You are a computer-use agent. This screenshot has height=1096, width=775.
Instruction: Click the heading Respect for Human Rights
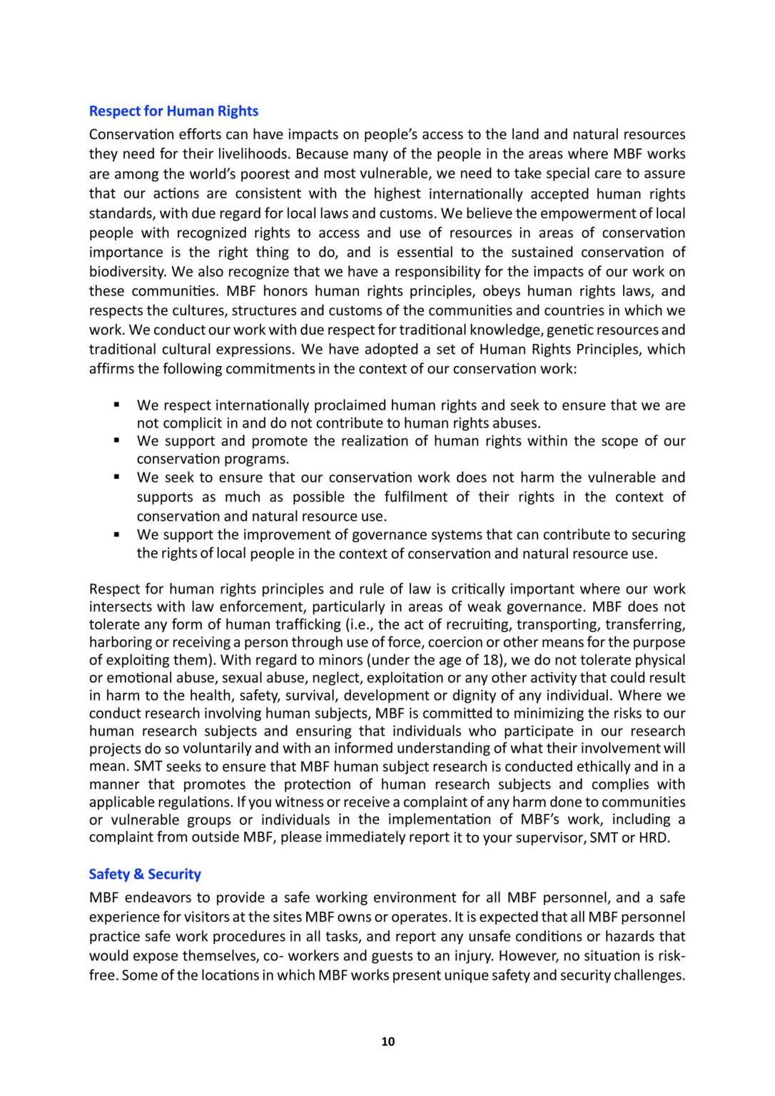[173, 111]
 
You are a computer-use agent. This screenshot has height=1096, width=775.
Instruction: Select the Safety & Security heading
[145, 874]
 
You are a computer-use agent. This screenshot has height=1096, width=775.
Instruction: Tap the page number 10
[387, 1042]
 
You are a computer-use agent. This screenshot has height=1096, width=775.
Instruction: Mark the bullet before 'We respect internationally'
[116, 405]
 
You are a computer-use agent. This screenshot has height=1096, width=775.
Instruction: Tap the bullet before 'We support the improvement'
[116, 534]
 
